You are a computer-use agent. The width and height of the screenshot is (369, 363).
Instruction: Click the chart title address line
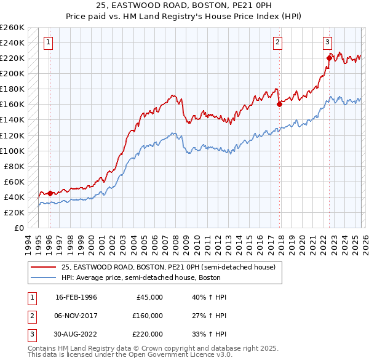pyautogui.click(x=184, y=5)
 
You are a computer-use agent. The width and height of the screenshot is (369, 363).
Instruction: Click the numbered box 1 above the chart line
pyautogui.click(x=49, y=42)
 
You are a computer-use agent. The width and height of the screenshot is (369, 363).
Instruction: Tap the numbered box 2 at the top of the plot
pyautogui.click(x=278, y=42)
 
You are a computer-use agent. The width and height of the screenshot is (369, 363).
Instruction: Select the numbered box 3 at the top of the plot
pyautogui.click(x=327, y=42)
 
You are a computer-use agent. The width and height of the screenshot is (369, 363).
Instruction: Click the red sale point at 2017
pyautogui.click(x=279, y=104)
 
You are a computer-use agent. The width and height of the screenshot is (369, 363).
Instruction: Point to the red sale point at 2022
pyautogui.click(x=329, y=58)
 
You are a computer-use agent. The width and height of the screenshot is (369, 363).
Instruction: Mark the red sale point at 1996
pyautogui.click(x=50, y=193)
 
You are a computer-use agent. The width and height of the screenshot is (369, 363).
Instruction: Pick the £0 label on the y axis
pyautogui.click(x=18, y=228)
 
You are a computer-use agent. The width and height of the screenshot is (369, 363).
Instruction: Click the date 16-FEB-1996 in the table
pyautogui.click(x=76, y=297)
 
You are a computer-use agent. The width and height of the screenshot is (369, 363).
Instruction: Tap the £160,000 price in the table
pyautogui.click(x=147, y=316)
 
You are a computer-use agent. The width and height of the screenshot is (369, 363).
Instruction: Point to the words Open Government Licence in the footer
pyautogui.click(x=184, y=355)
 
